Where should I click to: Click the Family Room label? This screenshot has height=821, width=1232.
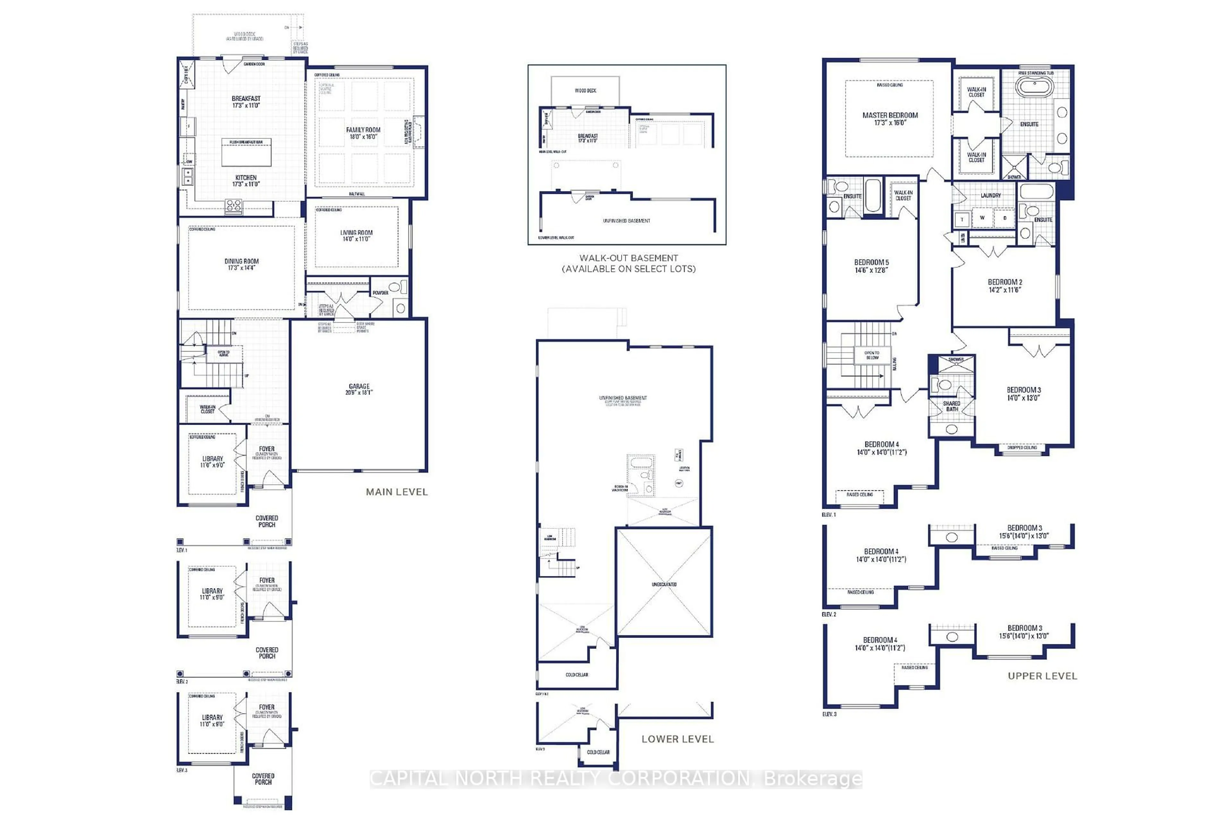pos(363,130)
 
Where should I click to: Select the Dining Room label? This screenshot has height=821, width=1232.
pos(242,261)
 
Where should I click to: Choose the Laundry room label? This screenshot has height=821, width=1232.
pos(990,195)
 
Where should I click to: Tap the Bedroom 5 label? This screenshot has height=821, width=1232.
pos(871,262)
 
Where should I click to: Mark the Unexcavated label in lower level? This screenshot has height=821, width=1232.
pos(664,584)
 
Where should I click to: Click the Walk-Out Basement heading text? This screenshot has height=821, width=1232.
pos(629,258)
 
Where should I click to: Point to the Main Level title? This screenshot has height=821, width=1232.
pos(397,492)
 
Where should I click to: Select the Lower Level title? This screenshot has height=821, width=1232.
pos(677,739)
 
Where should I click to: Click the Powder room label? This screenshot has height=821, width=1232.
pos(380,293)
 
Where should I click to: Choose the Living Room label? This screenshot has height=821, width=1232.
pos(356,233)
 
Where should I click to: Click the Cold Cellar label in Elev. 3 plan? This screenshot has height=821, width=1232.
pos(598,752)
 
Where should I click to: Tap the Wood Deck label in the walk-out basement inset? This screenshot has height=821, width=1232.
pos(585,90)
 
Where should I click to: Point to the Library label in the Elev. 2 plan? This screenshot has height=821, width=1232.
pos(212,591)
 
